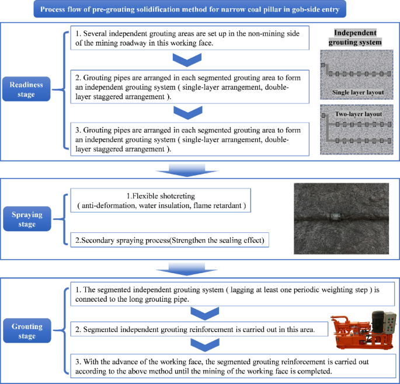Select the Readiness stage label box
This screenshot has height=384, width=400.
pos(26,89)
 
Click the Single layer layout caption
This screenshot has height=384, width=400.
pos(357,92)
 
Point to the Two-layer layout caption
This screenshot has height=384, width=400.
pos(357,114)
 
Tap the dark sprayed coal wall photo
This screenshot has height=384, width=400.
pos(341,219)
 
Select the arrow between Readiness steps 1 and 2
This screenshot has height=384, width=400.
pos(189,60)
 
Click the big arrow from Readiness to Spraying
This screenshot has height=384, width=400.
pos(187,170)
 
